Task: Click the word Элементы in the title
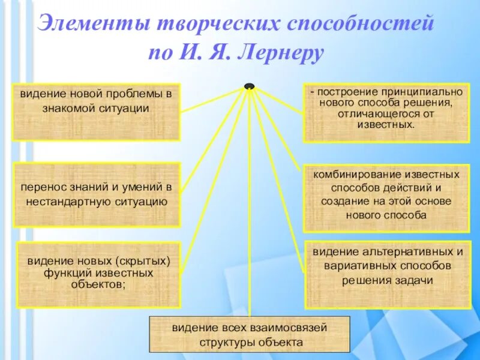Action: pos(92,24)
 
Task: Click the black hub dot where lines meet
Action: pos(249,86)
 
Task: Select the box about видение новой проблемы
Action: pos(96,112)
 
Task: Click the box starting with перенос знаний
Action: pos(97,194)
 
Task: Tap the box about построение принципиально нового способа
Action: pos(386,112)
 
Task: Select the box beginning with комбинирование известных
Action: pos(386,198)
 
